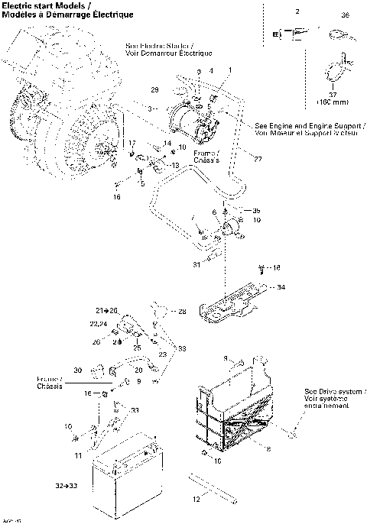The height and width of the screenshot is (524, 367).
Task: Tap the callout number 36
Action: pos(345,15)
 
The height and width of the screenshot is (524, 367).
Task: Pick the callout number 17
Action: pos(132,143)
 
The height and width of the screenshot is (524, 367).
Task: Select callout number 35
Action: pos(256,209)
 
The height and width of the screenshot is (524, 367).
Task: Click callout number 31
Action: pos(196,264)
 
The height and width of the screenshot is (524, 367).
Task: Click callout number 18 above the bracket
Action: pos(276,267)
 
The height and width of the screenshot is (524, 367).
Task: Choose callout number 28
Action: pos(182,312)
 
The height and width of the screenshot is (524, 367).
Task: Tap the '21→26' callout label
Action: pos(107,311)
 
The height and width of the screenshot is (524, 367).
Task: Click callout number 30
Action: pos(78,370)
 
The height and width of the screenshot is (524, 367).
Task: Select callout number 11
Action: pos(77,455)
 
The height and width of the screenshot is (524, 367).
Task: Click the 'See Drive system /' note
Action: pos(335,390)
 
